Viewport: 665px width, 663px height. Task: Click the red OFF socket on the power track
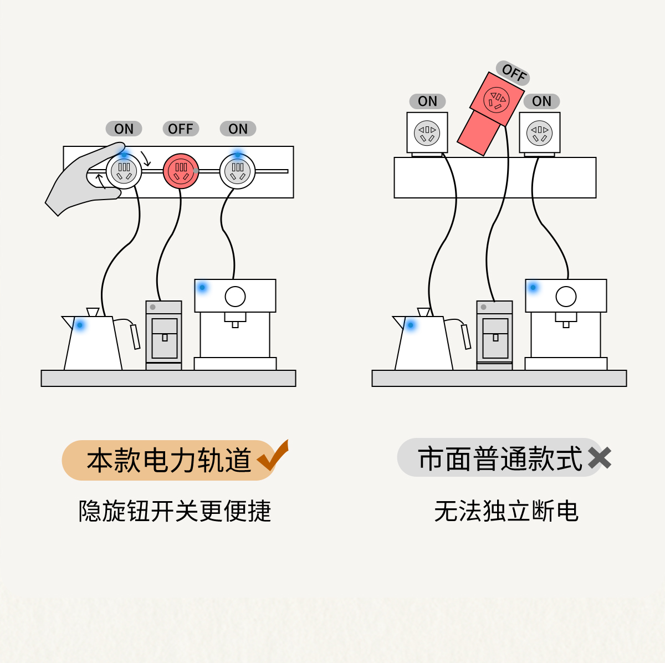(x=181, y=171)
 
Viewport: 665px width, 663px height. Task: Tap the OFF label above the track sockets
(x=181, y=129)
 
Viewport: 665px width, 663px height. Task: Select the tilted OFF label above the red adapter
(x=513, y=73)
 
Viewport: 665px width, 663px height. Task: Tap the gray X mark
(x=600, y=458)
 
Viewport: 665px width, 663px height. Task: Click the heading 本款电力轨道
(x=169, y=460)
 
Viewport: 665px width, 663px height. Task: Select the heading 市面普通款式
(x=500, y=459)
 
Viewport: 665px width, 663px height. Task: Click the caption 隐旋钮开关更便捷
(x=175, y=511)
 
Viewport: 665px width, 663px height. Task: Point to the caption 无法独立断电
(x=506, y=511)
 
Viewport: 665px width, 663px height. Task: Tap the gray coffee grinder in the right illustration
(x=494, y=335)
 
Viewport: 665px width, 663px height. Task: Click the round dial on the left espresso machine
(x=235, y=297)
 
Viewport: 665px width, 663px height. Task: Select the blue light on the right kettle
(x=411, y=325)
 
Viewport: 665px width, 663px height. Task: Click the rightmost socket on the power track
(x=238, y=171)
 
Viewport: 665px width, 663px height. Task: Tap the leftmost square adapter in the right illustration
(x=427, y=132)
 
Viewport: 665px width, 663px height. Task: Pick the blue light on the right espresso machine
(x=533, y=287)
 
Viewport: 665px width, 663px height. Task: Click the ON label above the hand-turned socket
(x=124, y=129)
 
